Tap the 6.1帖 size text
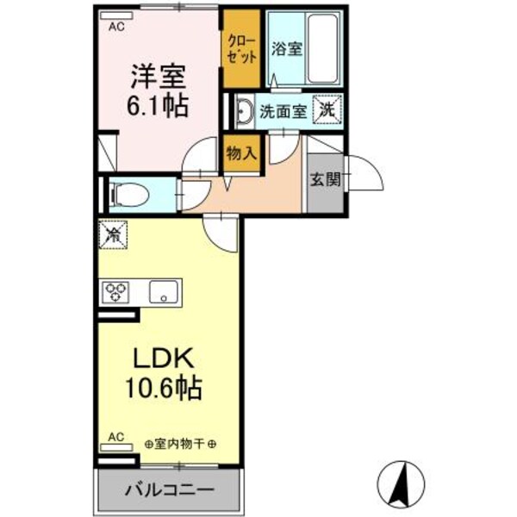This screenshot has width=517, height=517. click(x=159, y=107)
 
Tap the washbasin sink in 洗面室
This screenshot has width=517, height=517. click(x=244, y=110)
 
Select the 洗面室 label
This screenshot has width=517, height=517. click(x=283, y=110)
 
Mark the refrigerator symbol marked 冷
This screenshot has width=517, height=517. click(x=113, y=234)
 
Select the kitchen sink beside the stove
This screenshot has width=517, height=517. click(x=162, y=292)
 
